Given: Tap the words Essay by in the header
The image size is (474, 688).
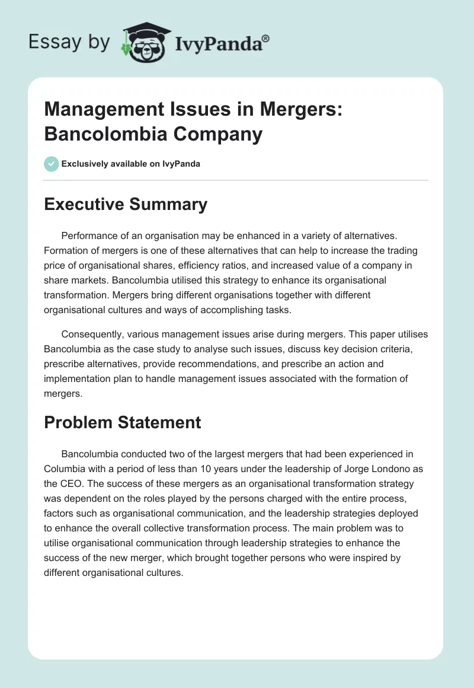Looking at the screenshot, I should [69, 43].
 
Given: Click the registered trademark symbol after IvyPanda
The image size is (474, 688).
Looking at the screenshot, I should [266, 39].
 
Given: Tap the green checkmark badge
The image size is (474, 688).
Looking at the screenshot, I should [52, 164].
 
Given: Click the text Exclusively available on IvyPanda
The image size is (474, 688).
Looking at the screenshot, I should [131, 164].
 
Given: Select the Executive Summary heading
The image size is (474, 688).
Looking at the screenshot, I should [126, 205].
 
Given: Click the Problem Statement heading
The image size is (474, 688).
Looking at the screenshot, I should [123, 422].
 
